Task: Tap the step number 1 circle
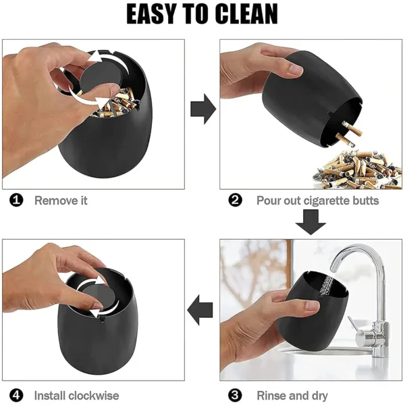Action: (x=17, y=200)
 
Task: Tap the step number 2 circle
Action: (x=236, y=200)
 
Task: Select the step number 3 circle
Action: (x=236, y=396)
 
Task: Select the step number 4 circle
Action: (x=17, y=396)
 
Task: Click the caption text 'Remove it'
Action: (x=61, y=200)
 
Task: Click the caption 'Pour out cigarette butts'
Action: (x=317, y=200)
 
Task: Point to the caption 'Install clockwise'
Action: (x=76, y=396)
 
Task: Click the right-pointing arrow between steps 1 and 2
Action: (x=202, y=109)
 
